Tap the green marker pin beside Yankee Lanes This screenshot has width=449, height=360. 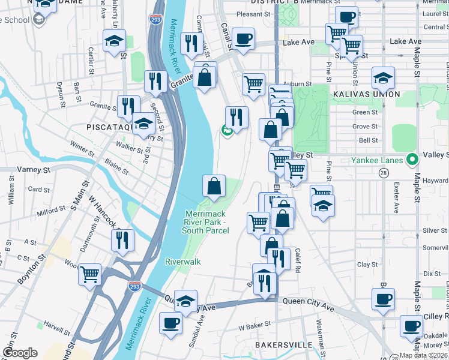(411, 160)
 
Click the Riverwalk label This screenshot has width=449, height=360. (183, 262)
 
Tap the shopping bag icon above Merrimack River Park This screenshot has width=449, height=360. (214, 187)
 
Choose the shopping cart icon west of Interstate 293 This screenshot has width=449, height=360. (90, 274)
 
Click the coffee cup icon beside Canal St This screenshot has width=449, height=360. (243, 39)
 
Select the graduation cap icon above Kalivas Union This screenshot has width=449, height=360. (383, 78)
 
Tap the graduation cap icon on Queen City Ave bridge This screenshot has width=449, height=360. (186, 300)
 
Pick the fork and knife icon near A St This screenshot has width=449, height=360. (122, 240)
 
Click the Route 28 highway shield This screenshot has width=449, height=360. (383, 173)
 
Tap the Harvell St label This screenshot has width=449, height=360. (57, 325)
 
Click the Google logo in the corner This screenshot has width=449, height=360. (20, 353)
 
